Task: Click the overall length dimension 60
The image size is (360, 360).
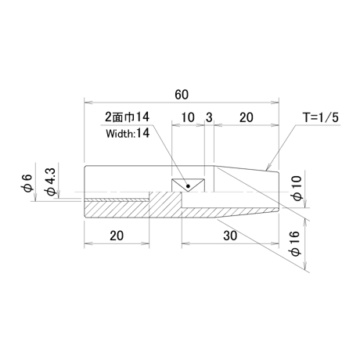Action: pos(182,95)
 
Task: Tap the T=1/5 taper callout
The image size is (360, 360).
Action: pos(321,117)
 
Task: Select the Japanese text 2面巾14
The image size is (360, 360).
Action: pos(127,117)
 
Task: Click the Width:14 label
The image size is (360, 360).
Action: pos(128,134)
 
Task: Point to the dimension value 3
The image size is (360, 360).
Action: pos(209,117)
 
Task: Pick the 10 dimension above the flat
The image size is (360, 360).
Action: pos(188,117)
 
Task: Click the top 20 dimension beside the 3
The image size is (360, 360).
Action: pos(246,117)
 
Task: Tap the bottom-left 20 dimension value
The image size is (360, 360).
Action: pos(117,236)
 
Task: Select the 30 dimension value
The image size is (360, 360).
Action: pos(230,236)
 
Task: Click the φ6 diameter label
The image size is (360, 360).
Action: pos(27,182)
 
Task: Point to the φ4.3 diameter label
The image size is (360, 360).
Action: pos(50,182)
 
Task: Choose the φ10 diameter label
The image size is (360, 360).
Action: pos(297,189)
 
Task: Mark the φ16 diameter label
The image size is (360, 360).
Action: pos(295,243)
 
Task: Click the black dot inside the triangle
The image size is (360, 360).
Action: pos(188,186)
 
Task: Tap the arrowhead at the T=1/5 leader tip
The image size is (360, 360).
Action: pos(268,167)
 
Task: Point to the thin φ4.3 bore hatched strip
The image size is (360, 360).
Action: pos(117,200)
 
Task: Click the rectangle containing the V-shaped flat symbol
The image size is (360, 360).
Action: pos(188,185)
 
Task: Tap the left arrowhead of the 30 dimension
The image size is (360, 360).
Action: pos(185,243)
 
